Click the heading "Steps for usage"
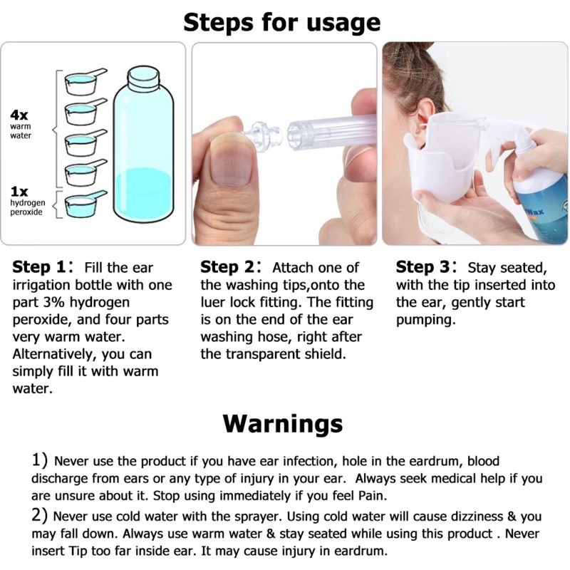click(x=282, y=21)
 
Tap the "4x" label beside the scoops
click(x=19, y=115)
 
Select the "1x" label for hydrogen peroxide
click(x=19, y=191)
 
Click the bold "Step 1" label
click(x=41, y=268)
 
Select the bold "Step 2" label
click(x=229, y=268)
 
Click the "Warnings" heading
click(x=282, y=423)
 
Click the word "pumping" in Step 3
click(x=426, y=320)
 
